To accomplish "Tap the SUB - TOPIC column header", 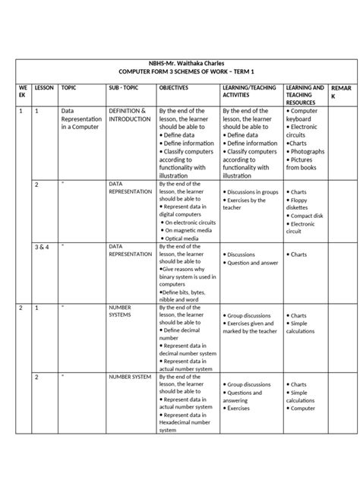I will tap(125, 88).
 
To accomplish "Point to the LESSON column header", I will tap(43, 88).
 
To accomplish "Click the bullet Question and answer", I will tap(251, 263).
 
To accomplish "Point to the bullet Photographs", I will tap(308, 151).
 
